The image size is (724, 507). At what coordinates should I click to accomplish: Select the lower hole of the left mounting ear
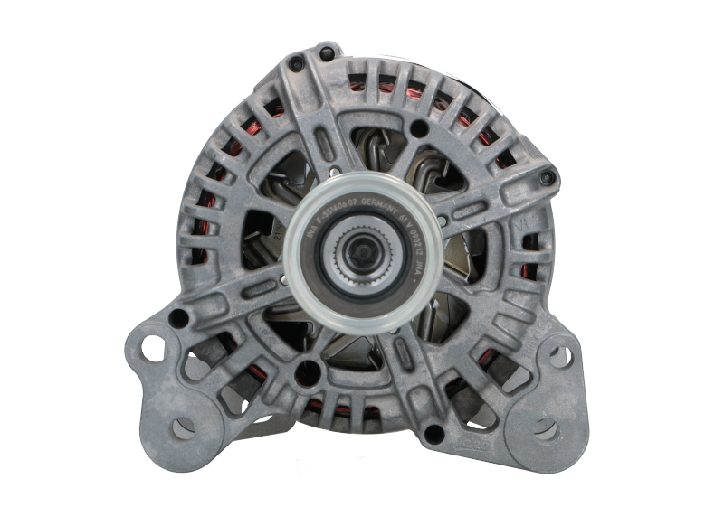coord(179,426)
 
